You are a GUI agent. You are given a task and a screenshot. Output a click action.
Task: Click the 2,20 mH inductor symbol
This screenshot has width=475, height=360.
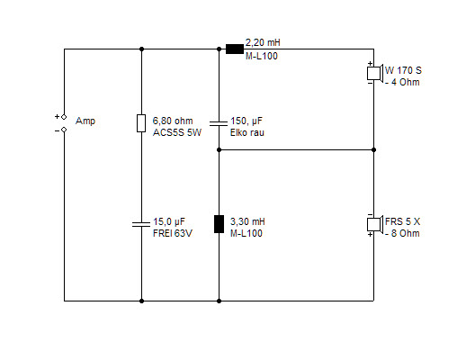click(235, 49)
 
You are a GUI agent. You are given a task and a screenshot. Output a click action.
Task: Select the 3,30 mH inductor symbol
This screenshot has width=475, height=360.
click(219, 224)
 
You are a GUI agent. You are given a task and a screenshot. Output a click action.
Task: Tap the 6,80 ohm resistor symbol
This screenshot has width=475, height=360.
click(141, 123)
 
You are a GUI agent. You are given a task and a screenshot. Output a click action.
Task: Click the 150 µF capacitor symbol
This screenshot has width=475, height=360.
click(219, 123)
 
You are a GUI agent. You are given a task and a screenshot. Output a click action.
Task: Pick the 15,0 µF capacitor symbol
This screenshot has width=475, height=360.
click(141, 224)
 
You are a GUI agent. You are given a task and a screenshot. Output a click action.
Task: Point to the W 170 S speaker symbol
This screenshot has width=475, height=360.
click(375, 73)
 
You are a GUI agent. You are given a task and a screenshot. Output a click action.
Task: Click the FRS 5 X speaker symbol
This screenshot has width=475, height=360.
click(375, 224)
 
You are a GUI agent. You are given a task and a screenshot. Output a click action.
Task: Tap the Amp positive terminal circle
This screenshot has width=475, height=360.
click(64, 117)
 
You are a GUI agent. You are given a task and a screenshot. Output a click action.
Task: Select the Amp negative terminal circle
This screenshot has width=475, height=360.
click(64, 130)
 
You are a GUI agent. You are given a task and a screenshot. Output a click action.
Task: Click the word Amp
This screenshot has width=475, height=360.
click(85, 121)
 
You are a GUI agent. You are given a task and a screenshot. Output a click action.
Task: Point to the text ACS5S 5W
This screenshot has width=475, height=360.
click(177, 132)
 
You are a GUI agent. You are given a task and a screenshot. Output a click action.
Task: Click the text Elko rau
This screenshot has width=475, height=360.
click(247, 132)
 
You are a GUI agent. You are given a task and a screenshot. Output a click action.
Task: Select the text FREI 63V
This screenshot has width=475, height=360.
click(173, 233)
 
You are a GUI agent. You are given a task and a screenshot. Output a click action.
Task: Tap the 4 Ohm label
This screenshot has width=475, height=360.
click(403, 82)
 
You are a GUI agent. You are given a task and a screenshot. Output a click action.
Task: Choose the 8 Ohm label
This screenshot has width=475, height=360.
click(403, 233)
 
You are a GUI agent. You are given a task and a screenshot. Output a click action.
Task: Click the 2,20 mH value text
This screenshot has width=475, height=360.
click(263, 42)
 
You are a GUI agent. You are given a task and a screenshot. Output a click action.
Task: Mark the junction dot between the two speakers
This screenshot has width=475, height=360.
click(373, 149)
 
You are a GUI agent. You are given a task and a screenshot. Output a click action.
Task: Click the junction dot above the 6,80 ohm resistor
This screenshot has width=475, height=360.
click(141, 49)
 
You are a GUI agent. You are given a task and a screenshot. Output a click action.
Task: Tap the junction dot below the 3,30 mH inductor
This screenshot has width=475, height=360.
click(219, 301)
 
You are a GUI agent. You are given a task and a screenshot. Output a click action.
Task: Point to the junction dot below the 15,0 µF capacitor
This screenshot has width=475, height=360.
click(141, 301)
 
